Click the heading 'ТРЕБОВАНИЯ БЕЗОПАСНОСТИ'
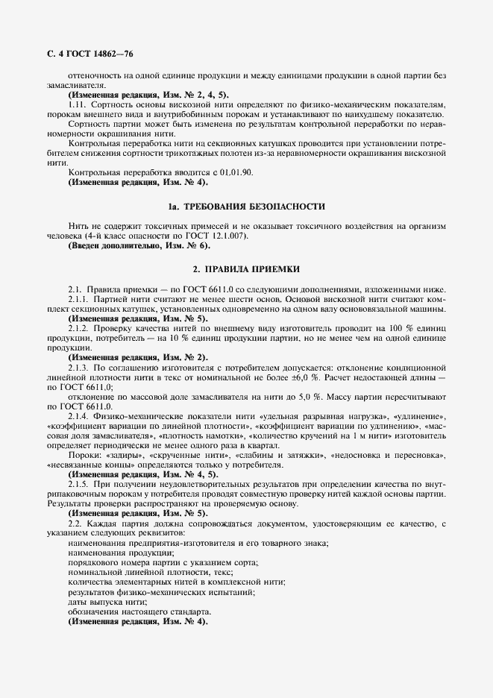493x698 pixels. pyautogui.click(x=255, y=205)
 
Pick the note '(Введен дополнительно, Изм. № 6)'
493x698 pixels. pyautogui.click(x=139, y=245)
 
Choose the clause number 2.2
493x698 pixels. pyautogui.click(x=76, y=524)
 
